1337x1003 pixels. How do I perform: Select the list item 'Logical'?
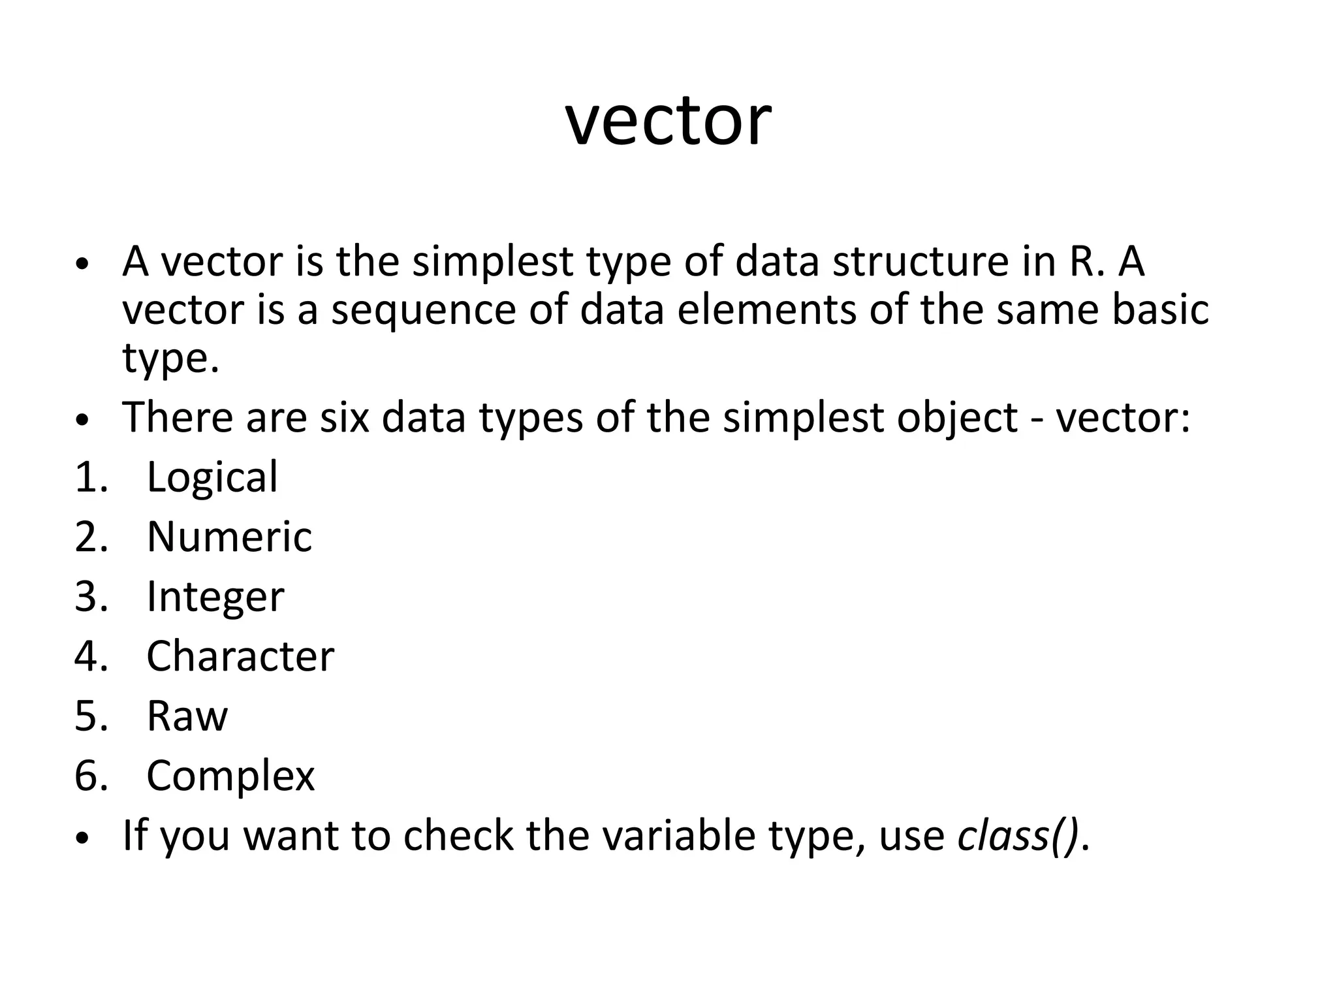click(x=212, y=477)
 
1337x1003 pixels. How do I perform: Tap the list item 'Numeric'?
click(x=229, y=537)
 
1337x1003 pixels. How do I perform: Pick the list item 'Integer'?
click(x=215, y=597)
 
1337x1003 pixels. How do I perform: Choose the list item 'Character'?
click(x=240, y=656)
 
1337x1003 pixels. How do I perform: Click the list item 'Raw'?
click(x=187, y=716)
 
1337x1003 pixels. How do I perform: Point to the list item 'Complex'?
click(x=230, y=776)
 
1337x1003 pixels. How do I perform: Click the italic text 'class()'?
click(x=1018, y=835)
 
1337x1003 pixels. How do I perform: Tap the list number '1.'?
click(x=91, y=477)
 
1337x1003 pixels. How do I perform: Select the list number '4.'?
click(x=91, y=656)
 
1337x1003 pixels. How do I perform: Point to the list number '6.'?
click(x=91, y=776)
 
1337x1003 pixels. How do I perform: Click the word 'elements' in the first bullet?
click(x=766, y=310)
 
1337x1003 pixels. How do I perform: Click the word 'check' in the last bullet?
click(x=458, y=835)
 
